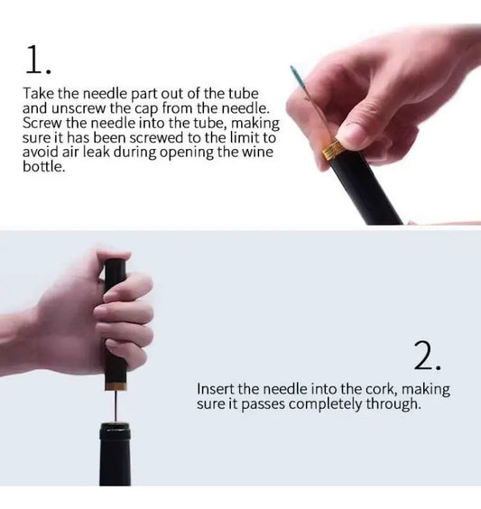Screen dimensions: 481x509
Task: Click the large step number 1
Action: click(38, 60)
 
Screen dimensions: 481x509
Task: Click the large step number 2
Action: click(427, 356)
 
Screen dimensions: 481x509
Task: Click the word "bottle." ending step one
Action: click(44, 167)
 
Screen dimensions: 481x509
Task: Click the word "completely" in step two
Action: click(326, 404)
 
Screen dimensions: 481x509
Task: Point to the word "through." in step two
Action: click(393, 404)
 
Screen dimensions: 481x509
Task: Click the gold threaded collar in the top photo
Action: click(333, 150)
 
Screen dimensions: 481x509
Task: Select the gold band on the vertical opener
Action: click(116, 386)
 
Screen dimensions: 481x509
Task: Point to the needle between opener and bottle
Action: click(116, 406)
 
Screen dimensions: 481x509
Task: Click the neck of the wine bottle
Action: click(116, 455)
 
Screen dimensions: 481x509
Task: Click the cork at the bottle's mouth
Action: click(116, 422)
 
